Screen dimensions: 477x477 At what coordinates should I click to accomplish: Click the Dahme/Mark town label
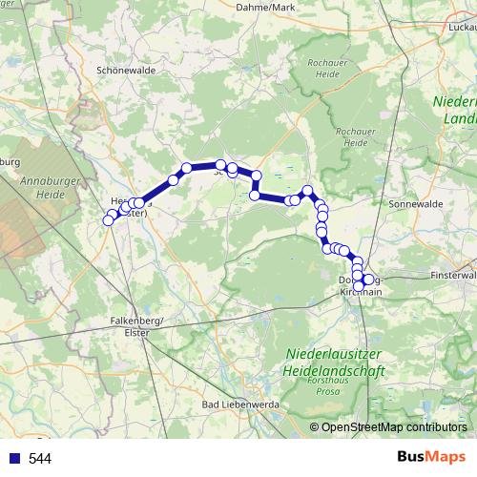click(x=265, y=8)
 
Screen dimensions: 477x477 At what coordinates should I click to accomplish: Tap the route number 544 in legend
click(x=40, y=459)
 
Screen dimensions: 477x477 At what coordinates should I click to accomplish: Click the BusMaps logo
click(x=430, y=458)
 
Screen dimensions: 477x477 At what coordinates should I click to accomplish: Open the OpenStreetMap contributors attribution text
click(x=394, y=427)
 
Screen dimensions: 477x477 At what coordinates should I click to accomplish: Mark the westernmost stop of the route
click(x=108, y=220)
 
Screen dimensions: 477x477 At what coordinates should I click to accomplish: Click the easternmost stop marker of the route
click(x=369, y=279)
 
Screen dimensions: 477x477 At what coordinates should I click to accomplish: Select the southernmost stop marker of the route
click(x=359, y=286)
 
